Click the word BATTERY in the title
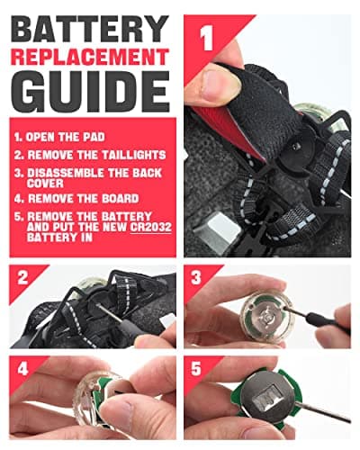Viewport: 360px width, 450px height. pos(90,29)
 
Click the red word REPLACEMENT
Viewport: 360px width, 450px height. pos(90,57)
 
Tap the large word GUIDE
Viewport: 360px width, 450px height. pos(90,92)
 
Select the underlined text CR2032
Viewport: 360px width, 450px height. pos(151,227)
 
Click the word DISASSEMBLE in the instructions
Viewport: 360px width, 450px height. pos(65,173)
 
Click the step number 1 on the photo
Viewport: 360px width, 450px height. pos(207,37)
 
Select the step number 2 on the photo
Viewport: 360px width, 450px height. pos(22,278)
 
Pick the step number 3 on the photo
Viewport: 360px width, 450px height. pos(196,278)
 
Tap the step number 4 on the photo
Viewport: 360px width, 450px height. pos(22,369)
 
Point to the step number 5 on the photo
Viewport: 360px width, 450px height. pos(196,369)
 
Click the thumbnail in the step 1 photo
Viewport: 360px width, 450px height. pos(221,83)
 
